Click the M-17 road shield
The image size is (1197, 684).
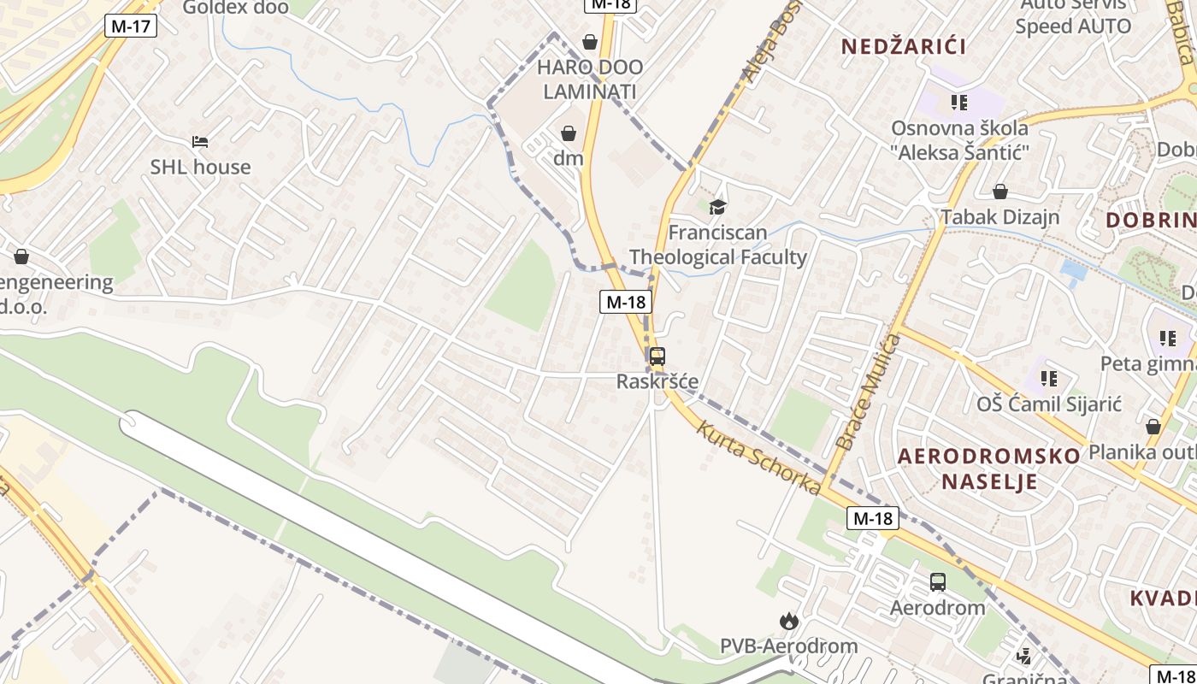[131, 26]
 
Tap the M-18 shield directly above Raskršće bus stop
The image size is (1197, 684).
[625, 301]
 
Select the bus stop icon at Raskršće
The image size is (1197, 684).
[657, 357]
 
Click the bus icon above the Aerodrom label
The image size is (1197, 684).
[938, 582]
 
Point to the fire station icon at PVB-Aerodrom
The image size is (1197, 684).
[787, 621]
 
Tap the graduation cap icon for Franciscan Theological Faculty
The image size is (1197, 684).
[717, 207]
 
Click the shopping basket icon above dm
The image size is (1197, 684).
[568, 133]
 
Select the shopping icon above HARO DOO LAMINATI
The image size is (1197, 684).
[590, 41]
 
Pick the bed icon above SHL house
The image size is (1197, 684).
[200, 142]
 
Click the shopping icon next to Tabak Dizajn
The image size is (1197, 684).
[999, 192]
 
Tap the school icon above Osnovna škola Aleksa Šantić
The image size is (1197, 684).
[959, 103]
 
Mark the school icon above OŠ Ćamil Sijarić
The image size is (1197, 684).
[1049, 378]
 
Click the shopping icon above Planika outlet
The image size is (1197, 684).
[1153, 426]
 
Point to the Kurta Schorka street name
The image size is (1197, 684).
[758, 457]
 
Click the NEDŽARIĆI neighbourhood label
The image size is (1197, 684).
[904, 46]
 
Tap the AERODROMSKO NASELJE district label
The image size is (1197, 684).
[989, 469]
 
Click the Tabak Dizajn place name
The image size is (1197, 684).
[1000, 217]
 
